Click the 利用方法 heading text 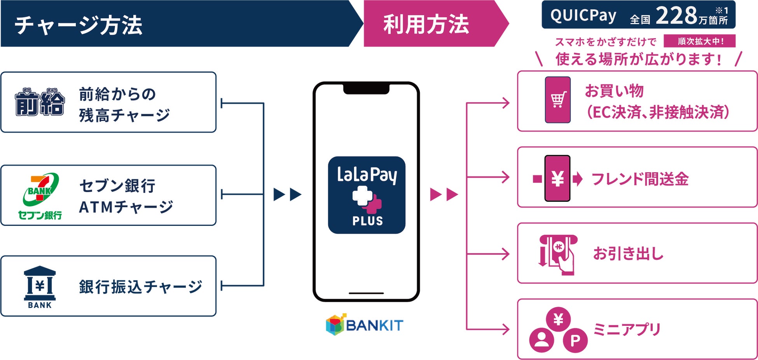426,24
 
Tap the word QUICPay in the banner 583,16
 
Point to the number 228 676,16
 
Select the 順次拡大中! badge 700,41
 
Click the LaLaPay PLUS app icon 367,195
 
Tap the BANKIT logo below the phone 365,325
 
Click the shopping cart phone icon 558,100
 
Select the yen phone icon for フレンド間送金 557,178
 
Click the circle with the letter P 575,341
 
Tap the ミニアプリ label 627,329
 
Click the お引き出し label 628,253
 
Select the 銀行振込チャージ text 140,287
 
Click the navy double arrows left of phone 287,194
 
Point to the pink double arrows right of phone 444,194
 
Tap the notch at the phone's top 366,89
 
